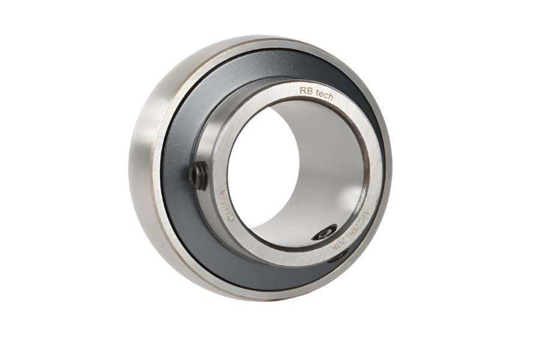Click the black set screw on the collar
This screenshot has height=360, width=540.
click(x=198, y=175)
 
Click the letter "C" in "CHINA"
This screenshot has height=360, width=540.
click(x=230, y=218)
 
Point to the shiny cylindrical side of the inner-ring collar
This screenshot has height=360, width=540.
click(x=207, y=150)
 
